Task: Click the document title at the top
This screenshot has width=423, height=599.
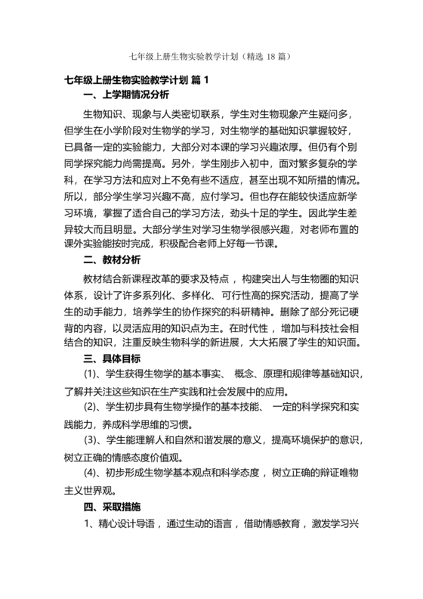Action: pyautogui.click(x=211, y=56)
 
